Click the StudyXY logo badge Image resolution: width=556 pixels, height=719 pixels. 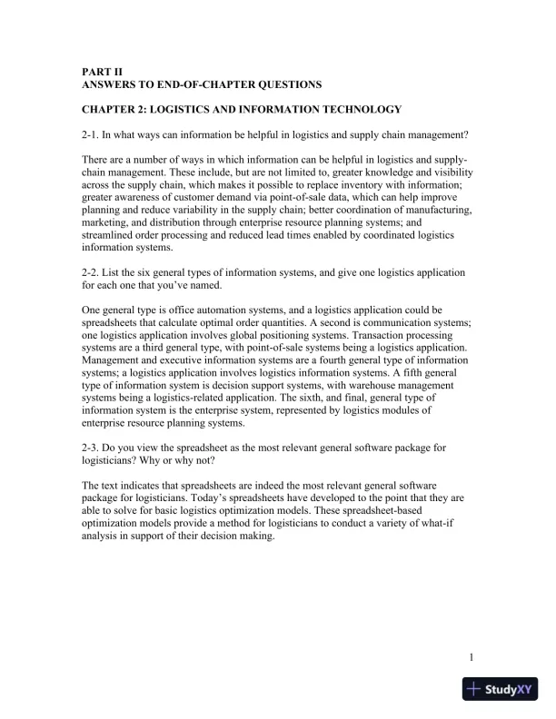pyautogui.click(x=499, y=689)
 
